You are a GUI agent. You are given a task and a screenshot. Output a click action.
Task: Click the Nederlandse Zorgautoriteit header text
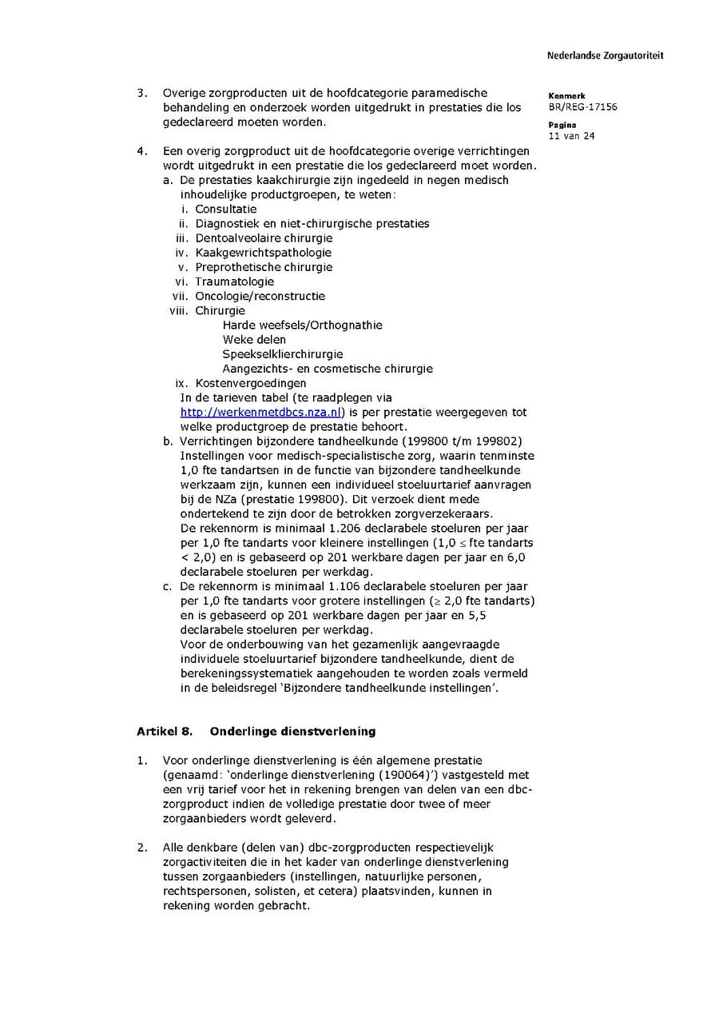605,56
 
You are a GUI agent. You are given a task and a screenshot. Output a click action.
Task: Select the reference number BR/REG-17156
582,107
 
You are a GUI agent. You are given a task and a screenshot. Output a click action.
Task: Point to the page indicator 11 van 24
571,136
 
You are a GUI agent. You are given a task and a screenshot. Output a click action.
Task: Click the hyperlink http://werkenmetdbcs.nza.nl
261,413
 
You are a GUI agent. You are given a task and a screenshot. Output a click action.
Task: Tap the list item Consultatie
226,210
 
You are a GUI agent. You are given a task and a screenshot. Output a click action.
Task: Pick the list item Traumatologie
235,281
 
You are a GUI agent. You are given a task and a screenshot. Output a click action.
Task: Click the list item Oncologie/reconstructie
260,296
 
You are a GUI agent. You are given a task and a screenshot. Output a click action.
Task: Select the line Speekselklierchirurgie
283,354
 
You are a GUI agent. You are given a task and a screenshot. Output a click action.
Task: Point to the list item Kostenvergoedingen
250,383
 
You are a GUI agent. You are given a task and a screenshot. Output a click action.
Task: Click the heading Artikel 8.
165,732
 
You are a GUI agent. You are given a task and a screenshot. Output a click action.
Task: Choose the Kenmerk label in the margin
567,96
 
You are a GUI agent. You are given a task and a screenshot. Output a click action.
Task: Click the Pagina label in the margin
562,125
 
